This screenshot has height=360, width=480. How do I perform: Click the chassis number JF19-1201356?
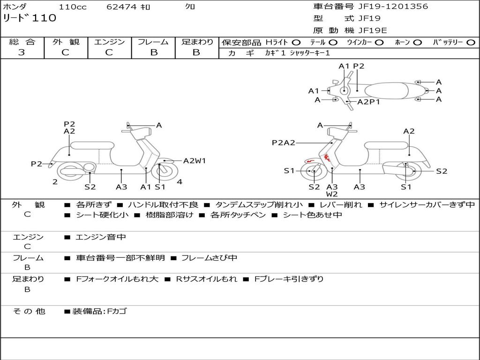[x=393, y=7]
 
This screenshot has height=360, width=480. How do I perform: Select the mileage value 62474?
[x=121, y=7]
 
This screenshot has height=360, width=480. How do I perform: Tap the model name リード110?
[x=30, y=18]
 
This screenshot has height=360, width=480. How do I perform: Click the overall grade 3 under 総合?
[x=22, y=52]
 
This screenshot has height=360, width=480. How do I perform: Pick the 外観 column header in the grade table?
[x=66, y=42]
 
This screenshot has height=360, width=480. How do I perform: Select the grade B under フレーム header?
[x=154, y=52]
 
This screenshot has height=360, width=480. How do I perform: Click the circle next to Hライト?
[x=296, y=43]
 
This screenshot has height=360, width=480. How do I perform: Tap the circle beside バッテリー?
[x=471, y=43]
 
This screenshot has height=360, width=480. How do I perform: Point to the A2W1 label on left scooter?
[x=195, y=161]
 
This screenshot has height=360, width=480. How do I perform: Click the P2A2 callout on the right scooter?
[x=284, y=142]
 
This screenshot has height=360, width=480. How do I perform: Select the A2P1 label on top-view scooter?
[x=368, y=102]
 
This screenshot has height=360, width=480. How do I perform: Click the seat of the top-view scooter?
[x=386, y=91]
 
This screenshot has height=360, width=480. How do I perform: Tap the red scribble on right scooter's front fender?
[x=309, y=161]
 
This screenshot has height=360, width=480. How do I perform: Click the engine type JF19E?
[x=373, y=30]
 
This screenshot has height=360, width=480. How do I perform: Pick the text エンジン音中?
[x=101, y=237]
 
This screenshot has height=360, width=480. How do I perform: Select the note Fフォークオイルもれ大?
[x=117, y=279]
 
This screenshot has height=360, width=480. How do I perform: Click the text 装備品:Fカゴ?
[x=99, y=311]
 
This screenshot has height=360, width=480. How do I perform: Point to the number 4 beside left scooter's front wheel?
[x=180, y=182]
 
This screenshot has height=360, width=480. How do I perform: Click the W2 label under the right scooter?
[x=332, y=194]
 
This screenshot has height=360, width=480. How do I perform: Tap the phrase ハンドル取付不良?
[x=163, y=204]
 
